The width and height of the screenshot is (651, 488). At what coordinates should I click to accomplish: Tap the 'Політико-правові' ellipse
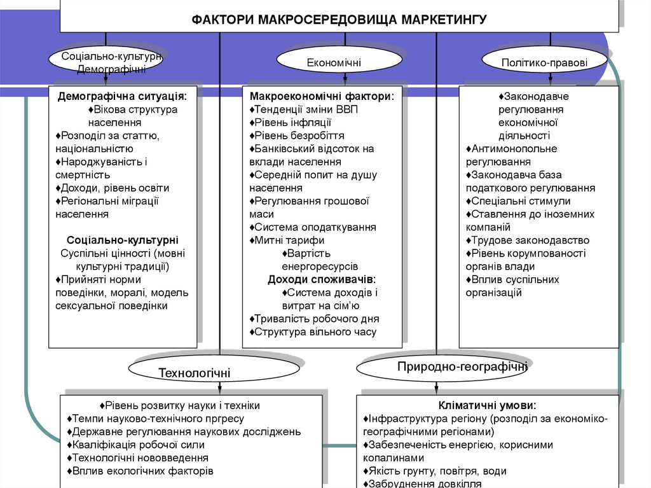pos(544,62)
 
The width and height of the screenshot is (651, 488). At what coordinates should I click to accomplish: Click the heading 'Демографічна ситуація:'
pos(123,97)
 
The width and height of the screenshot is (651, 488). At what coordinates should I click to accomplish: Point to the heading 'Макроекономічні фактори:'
pos(322,97)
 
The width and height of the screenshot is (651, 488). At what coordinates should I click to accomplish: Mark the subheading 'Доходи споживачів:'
pos(322,279)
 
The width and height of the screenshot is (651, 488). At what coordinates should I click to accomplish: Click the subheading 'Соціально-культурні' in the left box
pos(123,240)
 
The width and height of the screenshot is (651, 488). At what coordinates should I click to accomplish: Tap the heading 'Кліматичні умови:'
pos(487,405)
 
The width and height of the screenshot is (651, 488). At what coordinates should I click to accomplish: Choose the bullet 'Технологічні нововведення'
pos(139,458)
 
